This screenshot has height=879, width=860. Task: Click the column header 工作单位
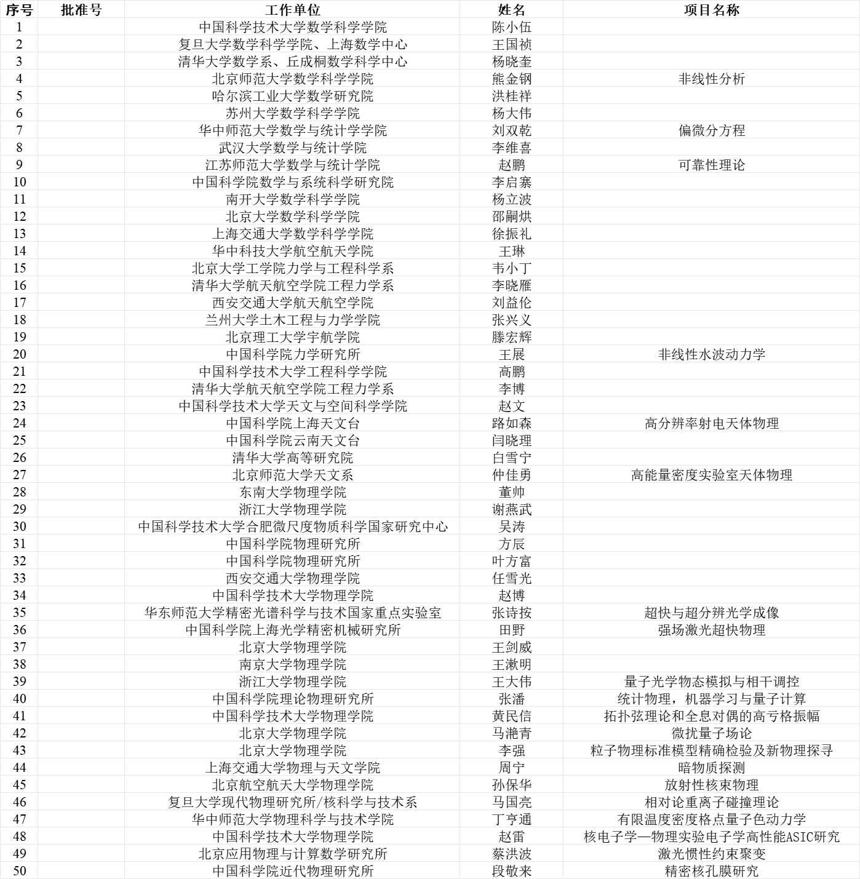click(293, 10)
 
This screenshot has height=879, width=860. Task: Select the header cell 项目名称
click(711, 10)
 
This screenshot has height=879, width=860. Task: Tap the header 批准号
click(81, 10)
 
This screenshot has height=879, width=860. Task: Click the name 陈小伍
click(511, 27)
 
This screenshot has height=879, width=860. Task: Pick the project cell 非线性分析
click(711, 79)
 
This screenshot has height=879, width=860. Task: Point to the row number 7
click(20, 130)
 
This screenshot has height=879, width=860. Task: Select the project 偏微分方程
click(711, 130)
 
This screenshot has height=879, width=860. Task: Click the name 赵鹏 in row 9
click(511, 165)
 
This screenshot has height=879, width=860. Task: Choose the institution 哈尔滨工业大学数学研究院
click(293, 96)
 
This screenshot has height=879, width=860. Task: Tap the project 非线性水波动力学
click(711, 354)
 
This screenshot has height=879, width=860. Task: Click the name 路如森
click(511, 423)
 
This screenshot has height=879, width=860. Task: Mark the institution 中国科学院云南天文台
click(293, 440)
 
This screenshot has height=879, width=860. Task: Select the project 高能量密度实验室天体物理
click(711, 475)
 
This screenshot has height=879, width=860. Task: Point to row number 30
click(20, 527)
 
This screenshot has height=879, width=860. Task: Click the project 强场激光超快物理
click(711, 630)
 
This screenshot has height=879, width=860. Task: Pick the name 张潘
click(511, 699)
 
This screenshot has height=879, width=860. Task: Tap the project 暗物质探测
click(711, 768)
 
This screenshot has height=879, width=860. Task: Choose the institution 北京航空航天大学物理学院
click(293, 785)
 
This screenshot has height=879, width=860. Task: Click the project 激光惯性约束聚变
click(711, 854)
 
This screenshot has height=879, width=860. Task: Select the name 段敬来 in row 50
click(511, 871)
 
